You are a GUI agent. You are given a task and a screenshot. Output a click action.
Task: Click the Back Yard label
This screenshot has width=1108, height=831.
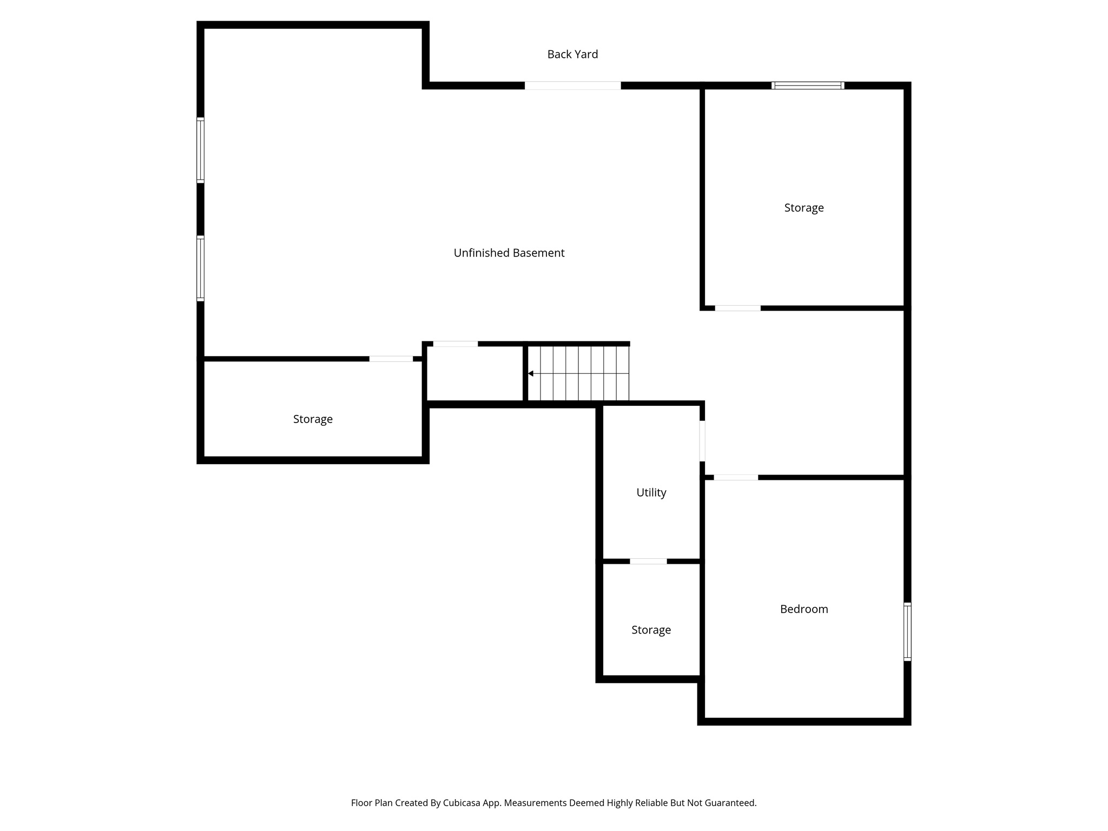click(572, 54)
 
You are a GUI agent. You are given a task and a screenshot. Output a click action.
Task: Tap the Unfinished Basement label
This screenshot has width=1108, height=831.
click(509, 253)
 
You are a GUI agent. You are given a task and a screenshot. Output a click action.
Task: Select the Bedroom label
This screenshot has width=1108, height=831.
click(804, 609)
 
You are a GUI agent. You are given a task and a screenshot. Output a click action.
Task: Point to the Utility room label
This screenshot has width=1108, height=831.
click(651, 492)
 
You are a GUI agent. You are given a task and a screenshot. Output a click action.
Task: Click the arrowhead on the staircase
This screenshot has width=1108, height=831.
click(531, 373)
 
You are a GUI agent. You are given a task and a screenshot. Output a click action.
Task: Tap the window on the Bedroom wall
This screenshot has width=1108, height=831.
click(907, 631)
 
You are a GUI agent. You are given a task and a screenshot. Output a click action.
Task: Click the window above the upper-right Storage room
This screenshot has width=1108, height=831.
click(808, 85)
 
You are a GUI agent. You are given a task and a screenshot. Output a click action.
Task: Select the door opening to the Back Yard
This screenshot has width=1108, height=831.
click(572, 85)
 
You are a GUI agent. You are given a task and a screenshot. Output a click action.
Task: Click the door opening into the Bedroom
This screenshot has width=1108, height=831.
click(736, 477)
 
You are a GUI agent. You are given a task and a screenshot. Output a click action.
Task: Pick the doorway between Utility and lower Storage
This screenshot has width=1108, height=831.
click(648, 562)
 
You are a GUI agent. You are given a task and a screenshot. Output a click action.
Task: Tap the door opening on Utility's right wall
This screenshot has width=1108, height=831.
click(702, 441)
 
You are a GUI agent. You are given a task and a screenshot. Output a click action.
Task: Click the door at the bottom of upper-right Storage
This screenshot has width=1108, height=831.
click(737, 308)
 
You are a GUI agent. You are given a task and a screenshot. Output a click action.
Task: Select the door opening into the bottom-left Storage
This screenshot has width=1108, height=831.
click(391, 359)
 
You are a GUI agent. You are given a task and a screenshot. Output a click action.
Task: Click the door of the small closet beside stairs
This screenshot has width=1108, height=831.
click(455, 344)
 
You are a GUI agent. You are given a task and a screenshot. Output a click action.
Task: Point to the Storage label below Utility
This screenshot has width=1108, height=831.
click(651, 630)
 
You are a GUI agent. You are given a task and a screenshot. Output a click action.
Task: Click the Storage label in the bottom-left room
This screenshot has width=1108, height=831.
click(313, 419)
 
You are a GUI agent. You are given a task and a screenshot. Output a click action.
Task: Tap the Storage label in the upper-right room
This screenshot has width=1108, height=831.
click(804, 208)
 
